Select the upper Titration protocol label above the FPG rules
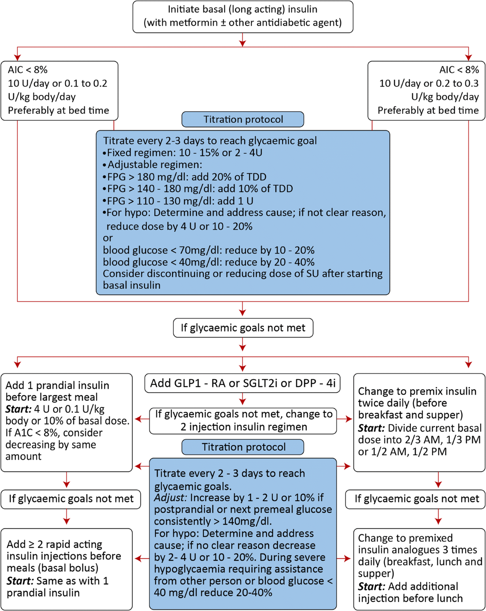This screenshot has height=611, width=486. coord(243,119)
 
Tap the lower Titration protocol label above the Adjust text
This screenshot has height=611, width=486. coord(243,447)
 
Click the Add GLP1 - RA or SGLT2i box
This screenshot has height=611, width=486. coord(242,383)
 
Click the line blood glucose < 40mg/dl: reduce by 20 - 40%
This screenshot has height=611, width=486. coord(208,262)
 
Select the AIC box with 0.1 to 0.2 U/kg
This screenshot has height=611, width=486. coord(59,90)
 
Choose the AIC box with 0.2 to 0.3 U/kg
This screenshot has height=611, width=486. coord(426,90)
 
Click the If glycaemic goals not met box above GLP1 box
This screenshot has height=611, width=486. coord(243,328)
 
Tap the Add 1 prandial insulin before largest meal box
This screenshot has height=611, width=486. coord(66,422)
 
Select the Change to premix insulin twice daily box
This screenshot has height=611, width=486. coord(419,422)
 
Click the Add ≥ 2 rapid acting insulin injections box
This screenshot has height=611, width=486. coord(66,569)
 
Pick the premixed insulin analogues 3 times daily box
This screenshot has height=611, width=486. coord(419,569)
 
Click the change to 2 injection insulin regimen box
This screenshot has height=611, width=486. coord(243,420)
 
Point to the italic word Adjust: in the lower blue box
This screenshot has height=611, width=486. coord(171,498)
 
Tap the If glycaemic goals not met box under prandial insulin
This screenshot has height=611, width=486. coord(70,499)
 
